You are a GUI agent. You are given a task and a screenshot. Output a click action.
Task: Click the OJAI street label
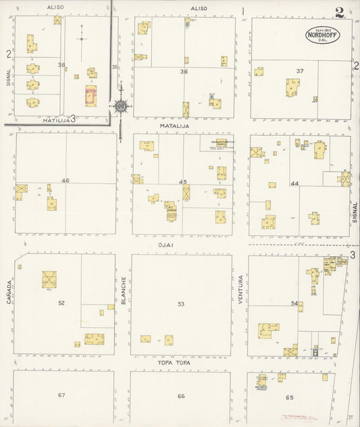pyautogui.click(x=180, y=245)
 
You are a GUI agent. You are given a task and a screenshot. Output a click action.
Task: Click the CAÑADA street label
pyautogui.click(x=9, y=291)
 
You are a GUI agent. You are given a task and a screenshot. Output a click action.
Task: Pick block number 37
pyautogui.click(x=300, y=71)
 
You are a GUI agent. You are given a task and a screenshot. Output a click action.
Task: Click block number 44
pyautogui.click(x=294, y=184)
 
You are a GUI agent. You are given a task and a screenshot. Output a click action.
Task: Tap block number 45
pyautogui.click(x=182, y=182)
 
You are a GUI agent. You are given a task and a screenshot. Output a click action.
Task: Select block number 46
pyautogui.click(x=65, y=180)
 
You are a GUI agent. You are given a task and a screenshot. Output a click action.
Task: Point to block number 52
pyautogui.click(x=61, y=303)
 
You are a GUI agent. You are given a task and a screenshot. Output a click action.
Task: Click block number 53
pyautogui.click(x=181, y=304)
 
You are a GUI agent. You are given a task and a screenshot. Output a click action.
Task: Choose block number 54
pyautogui.click(x=294, y=303)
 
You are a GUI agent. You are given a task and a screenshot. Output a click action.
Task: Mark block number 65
pyautogui.click(x=290, y=397)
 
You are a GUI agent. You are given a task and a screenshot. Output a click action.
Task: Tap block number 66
pyautogui.click(x=181, y=396)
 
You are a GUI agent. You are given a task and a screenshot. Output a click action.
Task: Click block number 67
pyautogui.click(x=61, y=395)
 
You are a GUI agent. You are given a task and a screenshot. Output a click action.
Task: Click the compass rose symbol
pyautogui.click(x=120, y=106)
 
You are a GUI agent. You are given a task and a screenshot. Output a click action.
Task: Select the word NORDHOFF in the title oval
pyautogui.click(x=323, y=35)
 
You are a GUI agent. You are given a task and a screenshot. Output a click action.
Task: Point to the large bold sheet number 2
pyautogui.click(x=339, y=11)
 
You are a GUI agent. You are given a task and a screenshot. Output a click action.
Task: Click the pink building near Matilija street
pyautogui.click(x=91, y=95)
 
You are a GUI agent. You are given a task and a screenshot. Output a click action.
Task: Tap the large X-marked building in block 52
pyautogui.click(x=49, y=278)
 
